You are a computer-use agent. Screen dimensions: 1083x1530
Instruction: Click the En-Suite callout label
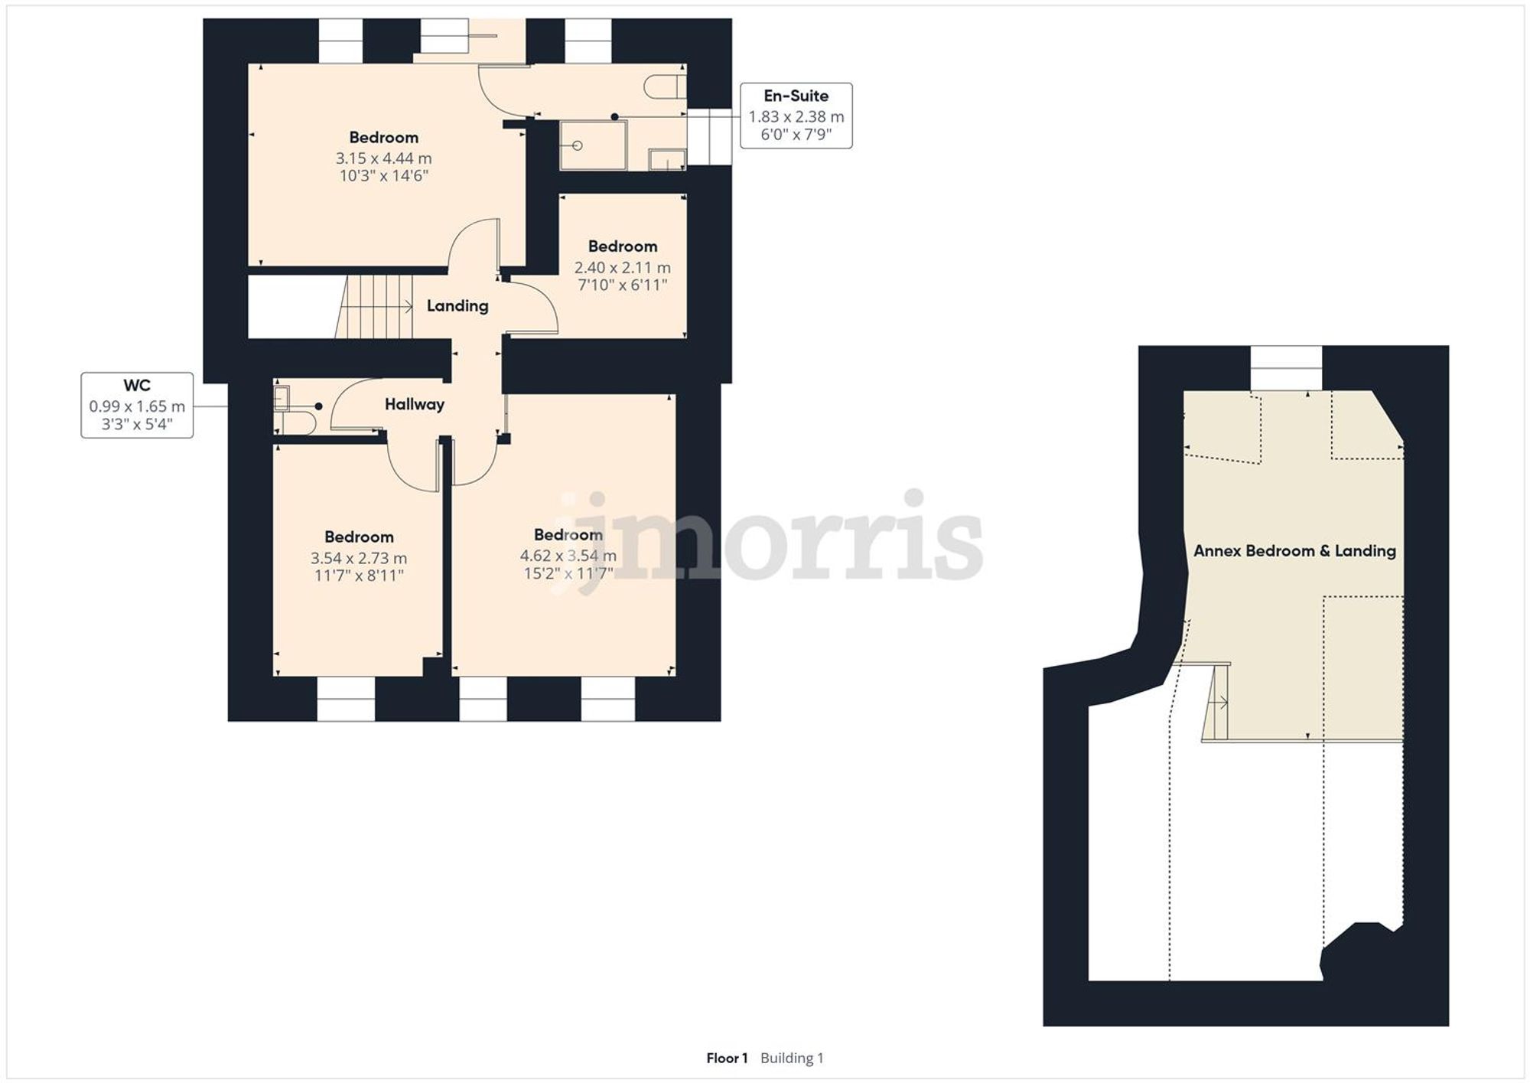click(796, 96)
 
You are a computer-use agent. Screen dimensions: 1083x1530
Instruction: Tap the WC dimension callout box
click(137, 405)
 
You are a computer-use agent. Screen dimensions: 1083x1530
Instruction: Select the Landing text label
click(457, 306)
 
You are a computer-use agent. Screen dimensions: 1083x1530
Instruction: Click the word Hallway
click(414, 404)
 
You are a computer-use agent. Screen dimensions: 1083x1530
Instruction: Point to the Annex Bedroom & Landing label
click(1294, 551)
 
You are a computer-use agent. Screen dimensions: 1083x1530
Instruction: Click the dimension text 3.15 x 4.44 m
click(383, 158)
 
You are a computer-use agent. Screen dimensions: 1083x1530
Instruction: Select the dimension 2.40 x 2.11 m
click(622, 268)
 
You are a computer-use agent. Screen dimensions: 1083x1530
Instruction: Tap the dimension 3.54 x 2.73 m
click(358, 559)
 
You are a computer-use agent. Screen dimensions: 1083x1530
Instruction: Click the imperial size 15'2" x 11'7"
click(568, 573)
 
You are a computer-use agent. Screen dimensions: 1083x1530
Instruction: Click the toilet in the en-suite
click(663, 86)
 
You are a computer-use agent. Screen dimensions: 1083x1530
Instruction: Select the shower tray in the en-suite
click(593, 145)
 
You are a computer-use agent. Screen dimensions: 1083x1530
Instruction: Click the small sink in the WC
click(281, 398)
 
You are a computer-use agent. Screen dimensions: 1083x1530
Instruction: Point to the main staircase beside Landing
click(375, 307)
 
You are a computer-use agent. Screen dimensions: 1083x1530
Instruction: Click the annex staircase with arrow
click(1217, 701)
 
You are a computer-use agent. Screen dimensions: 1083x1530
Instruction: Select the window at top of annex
click(1285, 368)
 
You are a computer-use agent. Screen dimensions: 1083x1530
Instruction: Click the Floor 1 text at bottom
click(726, 1058)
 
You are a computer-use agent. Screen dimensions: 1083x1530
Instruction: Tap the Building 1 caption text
click(792, 1058)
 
